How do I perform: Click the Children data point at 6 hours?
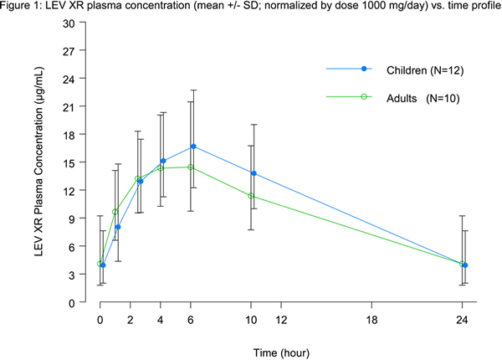point(193,147)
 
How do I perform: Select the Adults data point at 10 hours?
point(251,196)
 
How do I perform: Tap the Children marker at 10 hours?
point(254,173)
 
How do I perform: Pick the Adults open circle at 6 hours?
point(191,167)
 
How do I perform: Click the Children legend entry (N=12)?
point(400,69)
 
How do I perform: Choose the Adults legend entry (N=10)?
point(400,97)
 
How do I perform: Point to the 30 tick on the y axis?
point(69,23)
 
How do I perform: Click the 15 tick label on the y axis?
point(69,162)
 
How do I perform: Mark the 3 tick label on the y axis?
point(72,274)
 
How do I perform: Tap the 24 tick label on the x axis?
point(461,320)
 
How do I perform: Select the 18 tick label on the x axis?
point(371,320)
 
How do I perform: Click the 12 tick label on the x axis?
point(281,320)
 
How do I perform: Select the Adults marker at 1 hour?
point(115,212)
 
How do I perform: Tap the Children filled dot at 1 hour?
point(118,227)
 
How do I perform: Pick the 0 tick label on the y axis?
point(72,302)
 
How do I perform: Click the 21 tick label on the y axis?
point(69,106)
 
